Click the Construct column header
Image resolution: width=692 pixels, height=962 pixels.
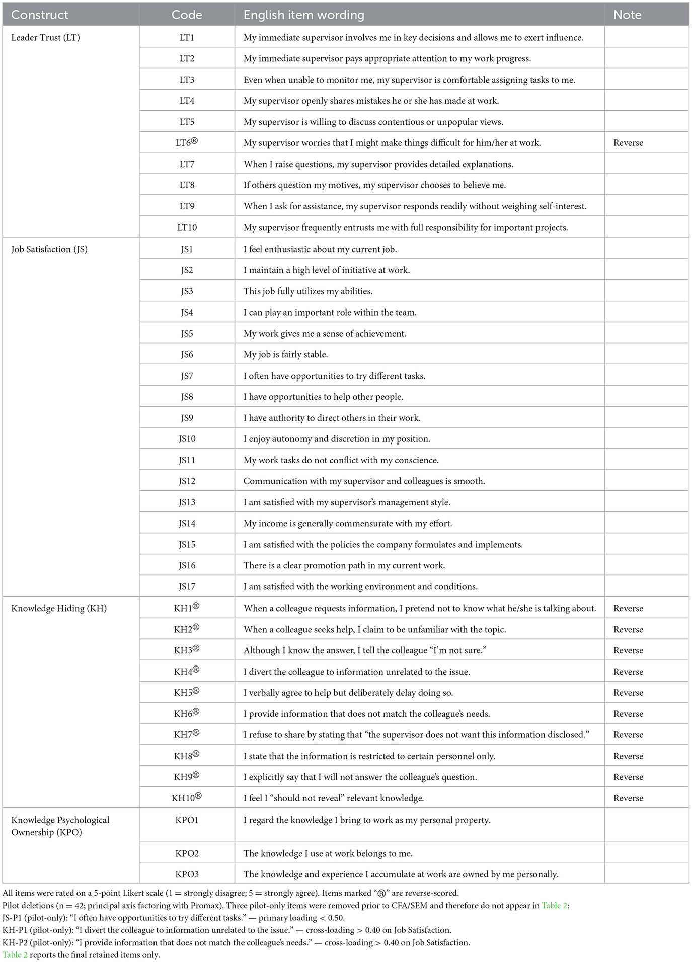40,15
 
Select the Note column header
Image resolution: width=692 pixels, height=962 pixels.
627,15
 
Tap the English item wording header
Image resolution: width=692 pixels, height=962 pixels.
303,15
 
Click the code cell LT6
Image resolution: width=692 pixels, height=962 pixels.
187,142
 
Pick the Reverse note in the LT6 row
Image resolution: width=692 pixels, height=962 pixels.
628,143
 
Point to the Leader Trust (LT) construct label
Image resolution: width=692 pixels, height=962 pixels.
45,37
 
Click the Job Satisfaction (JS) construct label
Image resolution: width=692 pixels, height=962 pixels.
49,249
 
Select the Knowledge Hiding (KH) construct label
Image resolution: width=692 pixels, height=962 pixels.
59,608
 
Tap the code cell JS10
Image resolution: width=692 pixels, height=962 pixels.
187,439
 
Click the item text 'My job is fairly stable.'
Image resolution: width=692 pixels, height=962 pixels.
285,354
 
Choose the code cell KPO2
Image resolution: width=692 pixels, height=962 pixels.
187,853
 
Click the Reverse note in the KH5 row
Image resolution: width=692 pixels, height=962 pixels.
628,693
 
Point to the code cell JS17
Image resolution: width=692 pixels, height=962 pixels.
187,586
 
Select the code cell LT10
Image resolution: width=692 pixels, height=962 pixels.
187,227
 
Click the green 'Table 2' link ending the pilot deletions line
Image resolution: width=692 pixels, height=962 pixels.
555,905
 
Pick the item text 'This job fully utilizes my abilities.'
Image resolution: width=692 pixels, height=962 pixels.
308,291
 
